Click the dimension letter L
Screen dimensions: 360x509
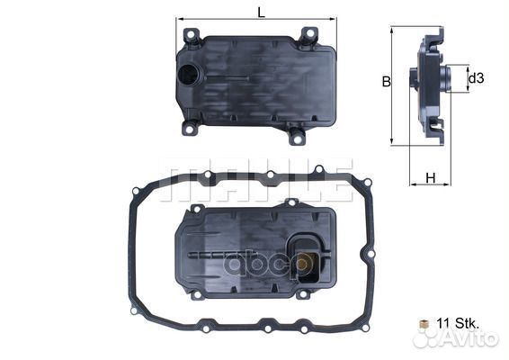(260, 12)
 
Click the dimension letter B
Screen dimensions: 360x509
(386, 82)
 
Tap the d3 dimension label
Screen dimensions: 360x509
(477, 78)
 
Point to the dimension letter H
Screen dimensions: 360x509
(430, 177)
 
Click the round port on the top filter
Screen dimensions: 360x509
(189, 77)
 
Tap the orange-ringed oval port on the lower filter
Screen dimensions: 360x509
(306, 263)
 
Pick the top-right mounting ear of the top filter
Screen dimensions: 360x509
(308, 36)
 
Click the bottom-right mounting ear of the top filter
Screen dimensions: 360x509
(296, 136)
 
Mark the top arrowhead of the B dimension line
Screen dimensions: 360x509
(393, 29)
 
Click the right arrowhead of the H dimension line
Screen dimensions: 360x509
(449, 184)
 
